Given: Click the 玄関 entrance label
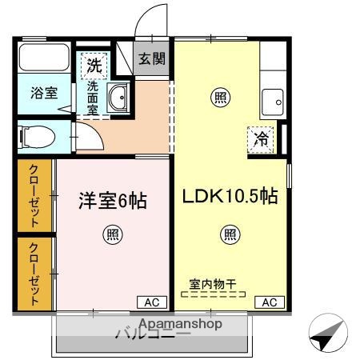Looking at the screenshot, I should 151,58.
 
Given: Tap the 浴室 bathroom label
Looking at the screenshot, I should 44,92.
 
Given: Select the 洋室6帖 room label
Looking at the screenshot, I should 112,200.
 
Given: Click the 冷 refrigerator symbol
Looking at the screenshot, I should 262,138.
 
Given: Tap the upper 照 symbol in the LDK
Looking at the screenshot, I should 218,98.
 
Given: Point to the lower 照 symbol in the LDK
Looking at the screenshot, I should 230,234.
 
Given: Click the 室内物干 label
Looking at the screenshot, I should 212,283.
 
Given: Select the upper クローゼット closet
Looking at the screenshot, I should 36,194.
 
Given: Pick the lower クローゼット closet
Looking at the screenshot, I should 36,273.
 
